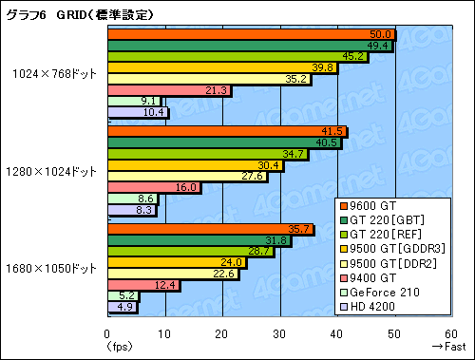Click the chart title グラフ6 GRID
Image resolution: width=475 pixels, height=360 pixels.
pos(80,11)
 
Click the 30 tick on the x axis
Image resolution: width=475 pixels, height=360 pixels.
pos(279,334)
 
